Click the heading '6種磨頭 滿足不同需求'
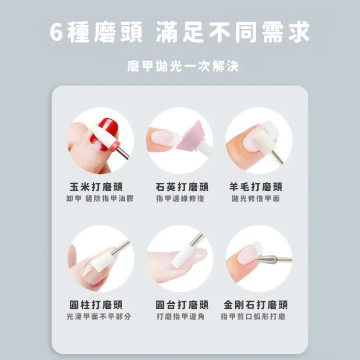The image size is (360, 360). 180,31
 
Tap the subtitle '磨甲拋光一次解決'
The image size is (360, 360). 180,66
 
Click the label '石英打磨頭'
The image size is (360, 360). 180,187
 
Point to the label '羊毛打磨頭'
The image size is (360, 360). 259,187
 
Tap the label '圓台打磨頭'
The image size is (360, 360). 180,304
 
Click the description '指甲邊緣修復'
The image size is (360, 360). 180,199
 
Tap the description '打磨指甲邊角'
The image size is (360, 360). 180,317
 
